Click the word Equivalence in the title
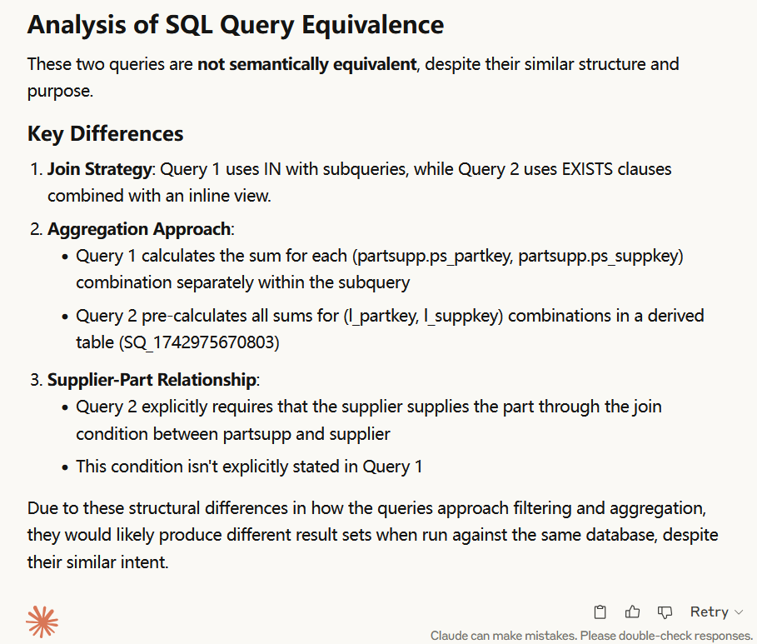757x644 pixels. (372, 25)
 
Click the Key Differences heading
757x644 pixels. (105, 134)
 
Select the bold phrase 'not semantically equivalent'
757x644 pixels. (307, 64)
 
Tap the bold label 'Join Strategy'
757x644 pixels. (99, 169)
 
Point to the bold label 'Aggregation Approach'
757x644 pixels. (139, 229)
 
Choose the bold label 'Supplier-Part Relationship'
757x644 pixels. (152, 380)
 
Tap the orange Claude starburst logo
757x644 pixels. (42, 622)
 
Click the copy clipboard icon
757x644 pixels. (600, 612)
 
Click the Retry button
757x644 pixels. (710, 612)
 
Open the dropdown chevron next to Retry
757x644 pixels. (739, 612)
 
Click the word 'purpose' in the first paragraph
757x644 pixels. (58, 92)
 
